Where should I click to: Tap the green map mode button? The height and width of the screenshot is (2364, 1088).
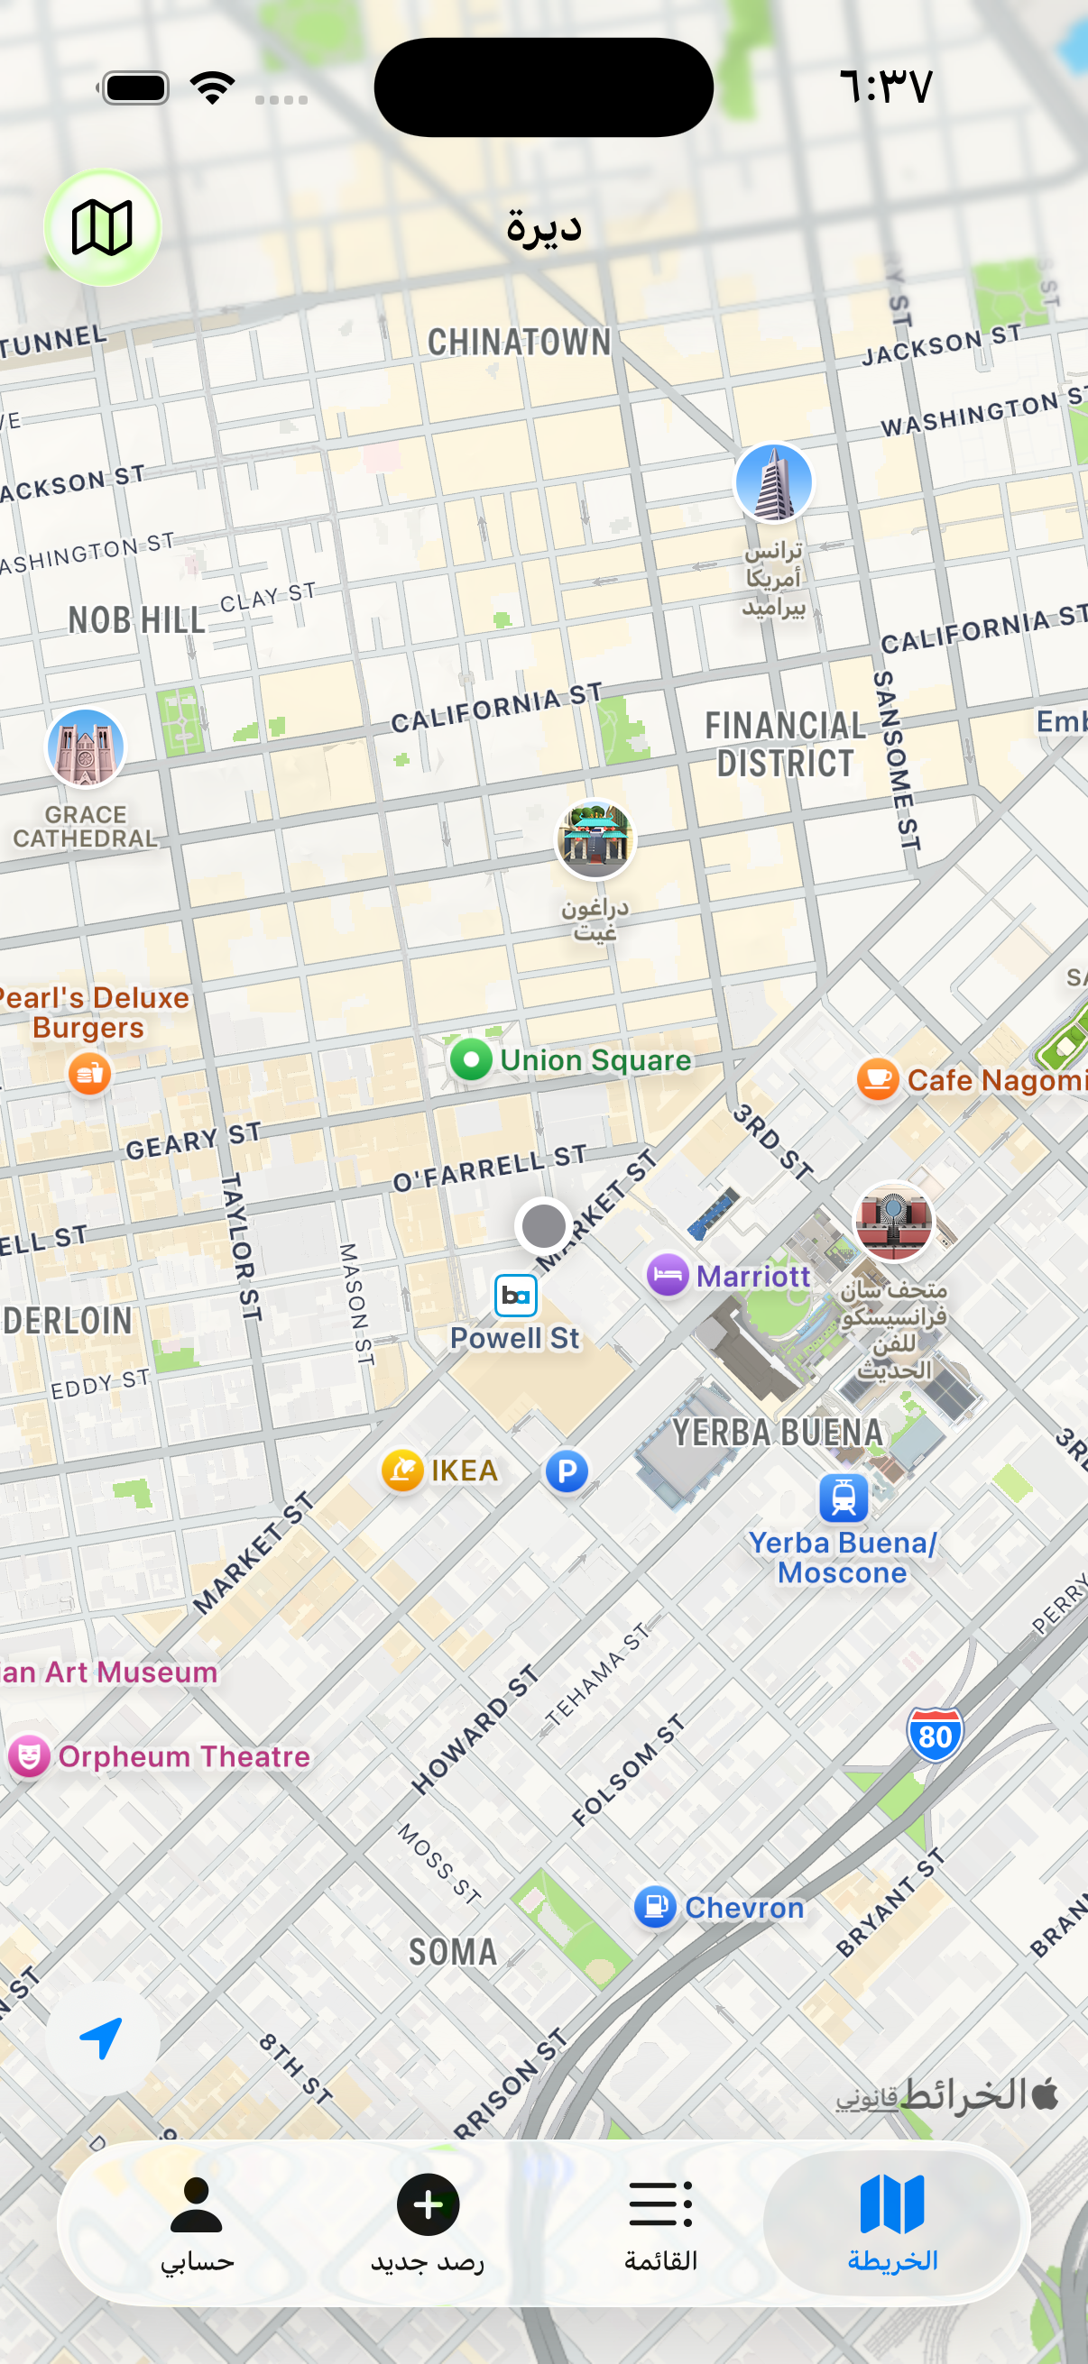coord(102,226)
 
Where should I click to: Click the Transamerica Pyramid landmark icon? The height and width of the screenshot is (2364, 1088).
coord(773,482)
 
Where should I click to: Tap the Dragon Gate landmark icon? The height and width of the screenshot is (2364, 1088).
coord(595,838)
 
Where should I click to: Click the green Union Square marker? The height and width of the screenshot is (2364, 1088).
coord(471,1060)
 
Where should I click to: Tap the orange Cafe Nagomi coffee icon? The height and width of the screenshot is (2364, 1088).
coord(877,1079)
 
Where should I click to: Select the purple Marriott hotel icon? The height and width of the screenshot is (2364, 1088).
coord(668,1275)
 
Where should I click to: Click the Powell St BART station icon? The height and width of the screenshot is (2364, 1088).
coord(515,1296)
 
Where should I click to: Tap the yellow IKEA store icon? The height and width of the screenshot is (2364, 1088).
coord(402,1471)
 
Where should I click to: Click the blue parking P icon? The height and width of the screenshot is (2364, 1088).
coord(567,1471)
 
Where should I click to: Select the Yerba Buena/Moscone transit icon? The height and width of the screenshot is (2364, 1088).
coord(843,1498)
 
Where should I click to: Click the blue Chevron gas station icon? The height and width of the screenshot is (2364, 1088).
coord(655,1907)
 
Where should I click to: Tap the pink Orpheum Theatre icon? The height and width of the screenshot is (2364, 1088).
coord(30,1755)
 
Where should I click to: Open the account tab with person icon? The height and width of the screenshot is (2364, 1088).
coord(197,2222)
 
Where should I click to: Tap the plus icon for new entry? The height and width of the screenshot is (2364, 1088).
coord(427,2205)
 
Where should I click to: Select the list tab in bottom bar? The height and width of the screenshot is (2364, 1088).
coord(660,2222)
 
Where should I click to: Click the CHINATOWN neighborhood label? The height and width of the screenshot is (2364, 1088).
coord(519,343)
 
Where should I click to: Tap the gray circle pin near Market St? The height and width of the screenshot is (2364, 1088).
coord(543,1225)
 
